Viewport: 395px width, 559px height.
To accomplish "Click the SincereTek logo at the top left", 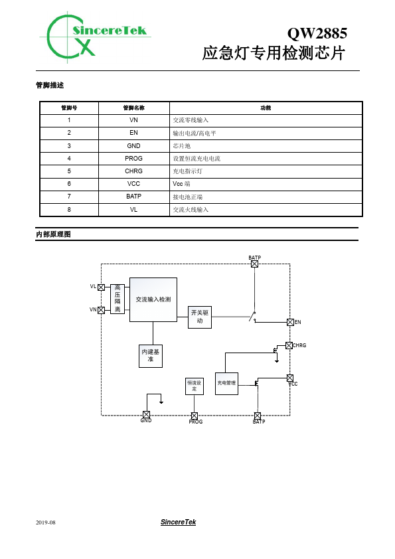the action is [94, 37].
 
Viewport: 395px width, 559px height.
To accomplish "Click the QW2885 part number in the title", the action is [317, 33].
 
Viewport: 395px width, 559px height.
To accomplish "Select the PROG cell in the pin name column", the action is [133, 158].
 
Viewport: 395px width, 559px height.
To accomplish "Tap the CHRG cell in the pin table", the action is [133, 171].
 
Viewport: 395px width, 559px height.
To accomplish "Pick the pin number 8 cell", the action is [69, 210].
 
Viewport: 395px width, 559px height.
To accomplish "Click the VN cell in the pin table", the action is [133, 120].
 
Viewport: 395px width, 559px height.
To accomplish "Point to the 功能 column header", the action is [266, 108].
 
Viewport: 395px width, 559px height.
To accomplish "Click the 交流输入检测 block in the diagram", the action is [153, 299].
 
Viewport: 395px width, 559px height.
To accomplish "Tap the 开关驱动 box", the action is [200, 317].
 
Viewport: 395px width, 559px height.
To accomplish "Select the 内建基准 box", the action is [151, 356].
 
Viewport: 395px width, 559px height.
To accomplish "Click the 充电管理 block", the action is [227, 383].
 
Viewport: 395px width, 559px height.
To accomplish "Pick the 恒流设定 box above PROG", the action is [195, 386].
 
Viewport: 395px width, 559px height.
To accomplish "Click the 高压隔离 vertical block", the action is [118, 299].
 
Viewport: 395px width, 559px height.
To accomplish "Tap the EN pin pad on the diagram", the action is [291, 322].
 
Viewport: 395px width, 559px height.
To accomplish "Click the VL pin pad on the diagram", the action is [102, 287].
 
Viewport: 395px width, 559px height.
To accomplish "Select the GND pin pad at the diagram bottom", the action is [146, 415].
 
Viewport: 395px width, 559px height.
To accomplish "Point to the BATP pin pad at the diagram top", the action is [254, 264].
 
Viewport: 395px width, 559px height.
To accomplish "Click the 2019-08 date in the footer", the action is [46, 522].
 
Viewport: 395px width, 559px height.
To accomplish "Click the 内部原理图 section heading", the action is [54, 234].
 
